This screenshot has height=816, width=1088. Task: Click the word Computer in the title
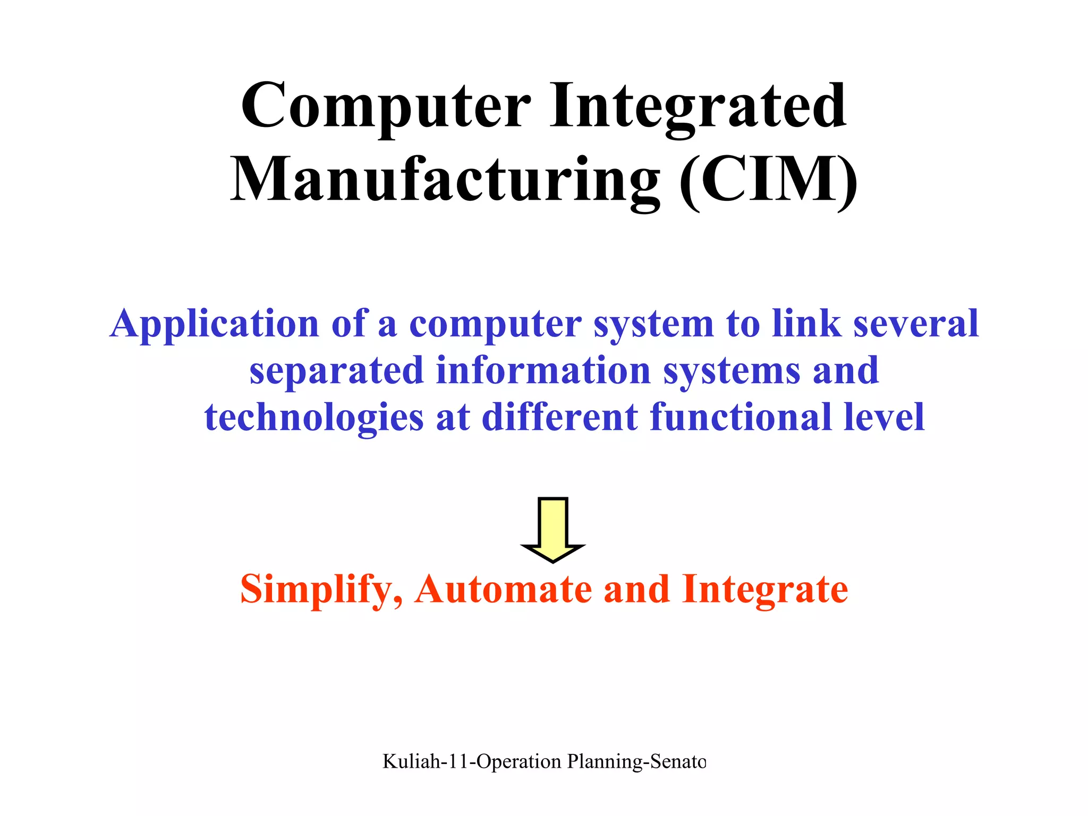pos(386,106)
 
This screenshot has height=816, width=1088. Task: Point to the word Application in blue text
pos(214,324)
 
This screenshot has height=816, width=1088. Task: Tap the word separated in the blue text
pos(336,370)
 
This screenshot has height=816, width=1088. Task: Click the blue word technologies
pos(314,417)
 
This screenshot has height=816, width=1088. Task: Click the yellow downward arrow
pos(553,529)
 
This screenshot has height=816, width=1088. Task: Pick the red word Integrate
pos(765,590)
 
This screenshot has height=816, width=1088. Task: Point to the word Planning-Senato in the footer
pos(636,762)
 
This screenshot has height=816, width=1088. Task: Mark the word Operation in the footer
pos(518,762)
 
